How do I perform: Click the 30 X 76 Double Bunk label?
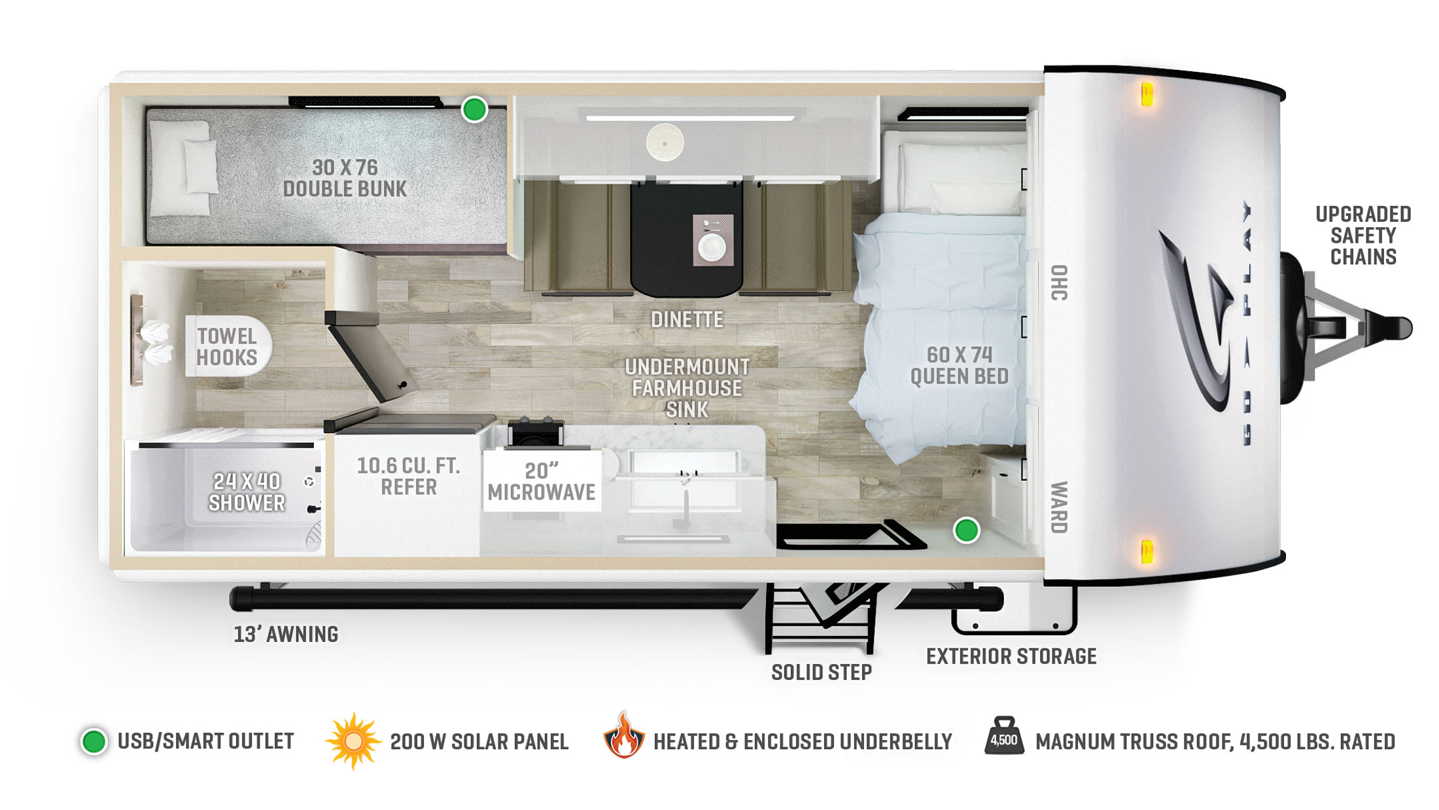click(x=345, y=178)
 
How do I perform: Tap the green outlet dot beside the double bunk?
click(x=474, y=109)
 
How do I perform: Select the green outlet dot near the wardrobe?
click(x=966, y=530)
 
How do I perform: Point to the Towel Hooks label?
click(x=227, y=347)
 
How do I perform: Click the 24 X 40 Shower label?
click(x=247, y=492)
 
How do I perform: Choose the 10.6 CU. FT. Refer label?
click(x=409, y=476)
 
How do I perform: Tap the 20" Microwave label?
click(x=542, y=482)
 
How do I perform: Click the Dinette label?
click(x=687, y=319)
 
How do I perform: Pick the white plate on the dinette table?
click(x=712, y=247)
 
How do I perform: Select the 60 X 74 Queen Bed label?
click(x=960, y=365)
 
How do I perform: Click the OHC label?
click(x=1059, y=283)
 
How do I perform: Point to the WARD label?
click(x=1059, y=507)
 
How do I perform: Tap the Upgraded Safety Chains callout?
click(x=1363, y=236)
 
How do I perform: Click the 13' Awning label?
click(x=286, y=634)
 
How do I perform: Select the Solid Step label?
click(x=822, y=672)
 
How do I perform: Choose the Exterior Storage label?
click(x=1011, y=656)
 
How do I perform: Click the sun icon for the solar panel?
click(x=353, y=741)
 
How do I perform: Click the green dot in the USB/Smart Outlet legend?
click(x=94, y=741)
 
